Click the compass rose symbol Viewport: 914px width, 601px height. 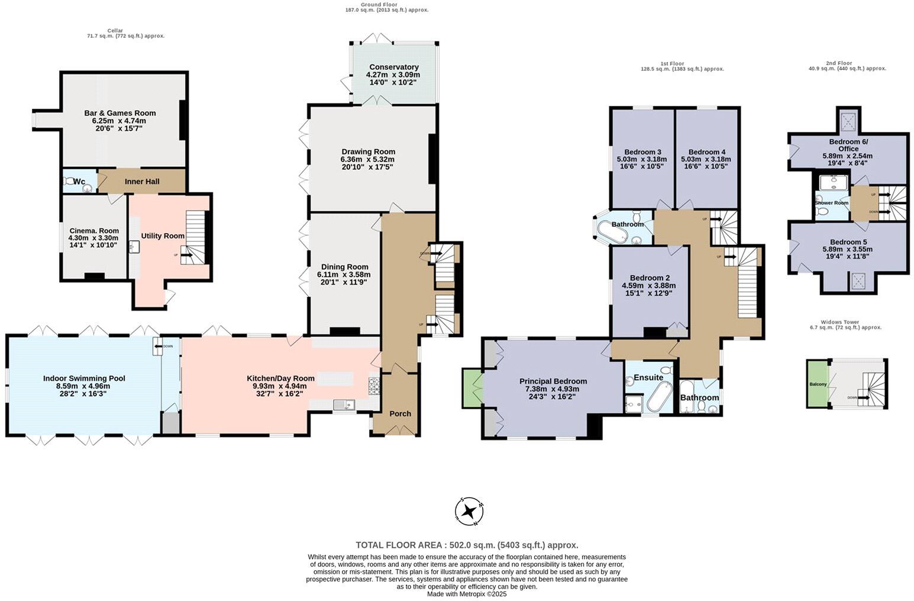coord(470,511)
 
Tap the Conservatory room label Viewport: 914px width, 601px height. coord(393,67)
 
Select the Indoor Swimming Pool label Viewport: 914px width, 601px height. coord(84,379)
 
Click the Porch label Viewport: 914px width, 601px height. coord(400,413)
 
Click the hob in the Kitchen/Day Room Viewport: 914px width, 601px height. coord(374,386)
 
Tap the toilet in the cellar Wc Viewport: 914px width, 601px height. coord(72,182)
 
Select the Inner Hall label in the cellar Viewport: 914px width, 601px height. coord(142,182)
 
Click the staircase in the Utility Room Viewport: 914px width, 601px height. coord(196,237)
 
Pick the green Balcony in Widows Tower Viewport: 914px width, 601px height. coord(818,383)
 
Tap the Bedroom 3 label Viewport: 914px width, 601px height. coord(642,151)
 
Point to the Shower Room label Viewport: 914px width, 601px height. coord(831,203)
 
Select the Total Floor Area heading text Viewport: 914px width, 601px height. coord(467,545)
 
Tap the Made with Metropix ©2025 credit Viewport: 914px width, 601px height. coord(467,594)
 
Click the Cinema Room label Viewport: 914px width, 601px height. coord(93,231)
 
